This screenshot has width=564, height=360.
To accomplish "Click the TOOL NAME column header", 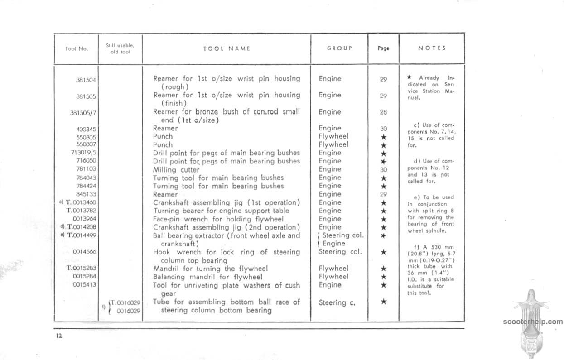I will [227, 48].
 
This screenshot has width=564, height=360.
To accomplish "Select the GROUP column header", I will [339, 48].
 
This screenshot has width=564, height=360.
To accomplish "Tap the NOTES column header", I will [432, 48].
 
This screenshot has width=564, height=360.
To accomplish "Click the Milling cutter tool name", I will [176, 170].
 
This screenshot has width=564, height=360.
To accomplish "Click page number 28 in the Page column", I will [383, 112].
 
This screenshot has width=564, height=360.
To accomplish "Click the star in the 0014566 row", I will [383, 252].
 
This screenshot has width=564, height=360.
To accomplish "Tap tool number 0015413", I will [84, 285].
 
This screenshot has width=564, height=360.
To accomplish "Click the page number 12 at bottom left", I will [59, 336].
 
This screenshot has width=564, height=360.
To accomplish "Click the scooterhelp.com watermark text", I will [533, 322].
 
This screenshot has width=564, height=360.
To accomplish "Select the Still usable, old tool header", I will [120, 48].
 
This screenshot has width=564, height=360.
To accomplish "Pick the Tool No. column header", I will [76, 49].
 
